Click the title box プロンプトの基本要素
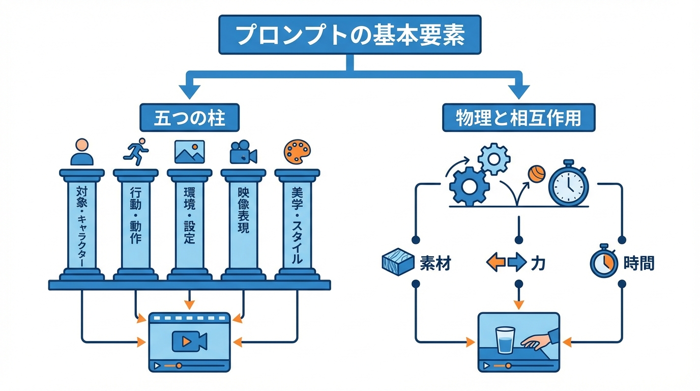point(350,35)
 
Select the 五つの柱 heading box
point(189,118)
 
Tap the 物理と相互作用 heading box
point(518,118)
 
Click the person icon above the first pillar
point(82,152)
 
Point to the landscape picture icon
point(189,152)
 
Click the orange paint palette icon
point(297,152)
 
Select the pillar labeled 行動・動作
point(135,224)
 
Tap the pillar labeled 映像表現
point(243,224)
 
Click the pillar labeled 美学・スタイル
point(297,224)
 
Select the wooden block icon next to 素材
point(396,262)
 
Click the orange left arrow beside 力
point(495,263)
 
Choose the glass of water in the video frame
point(505,340)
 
